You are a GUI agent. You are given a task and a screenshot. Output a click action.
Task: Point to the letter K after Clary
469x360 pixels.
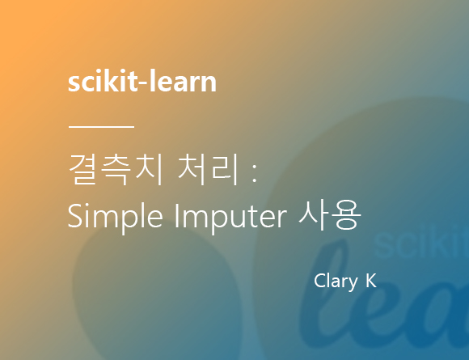tap(370, 281)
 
